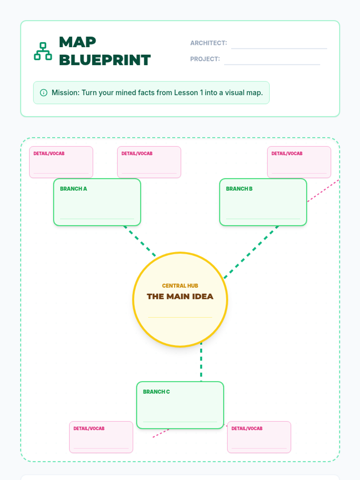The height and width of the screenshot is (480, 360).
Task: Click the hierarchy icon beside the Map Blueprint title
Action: click(43, 51)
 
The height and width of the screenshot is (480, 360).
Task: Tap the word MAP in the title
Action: click(77, 42)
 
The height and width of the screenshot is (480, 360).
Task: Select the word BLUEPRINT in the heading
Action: click(105, 60)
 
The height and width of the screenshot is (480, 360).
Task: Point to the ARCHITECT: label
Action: click(208, 43)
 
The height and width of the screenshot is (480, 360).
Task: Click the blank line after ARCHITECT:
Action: click(279, 48)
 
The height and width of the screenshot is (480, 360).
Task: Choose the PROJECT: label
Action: click(205, 59)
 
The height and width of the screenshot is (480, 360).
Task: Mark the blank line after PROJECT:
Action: click(272, 64)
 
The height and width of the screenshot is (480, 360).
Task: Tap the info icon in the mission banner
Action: click(43, 93)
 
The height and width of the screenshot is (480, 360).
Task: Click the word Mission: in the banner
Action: click(65, 93)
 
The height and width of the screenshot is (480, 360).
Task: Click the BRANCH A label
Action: click(73, 189)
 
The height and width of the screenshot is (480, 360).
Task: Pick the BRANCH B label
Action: click(239, 189)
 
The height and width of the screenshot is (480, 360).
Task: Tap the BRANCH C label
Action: click(156, 392)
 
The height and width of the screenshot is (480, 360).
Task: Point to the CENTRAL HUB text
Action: click(180, 286)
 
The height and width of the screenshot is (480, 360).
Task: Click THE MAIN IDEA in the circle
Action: click(180, 296)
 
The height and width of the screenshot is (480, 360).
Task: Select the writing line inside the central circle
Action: click(180, 317)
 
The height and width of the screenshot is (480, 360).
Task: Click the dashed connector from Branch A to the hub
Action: click(140, 241)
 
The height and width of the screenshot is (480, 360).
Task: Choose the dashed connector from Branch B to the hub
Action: click(251, 252)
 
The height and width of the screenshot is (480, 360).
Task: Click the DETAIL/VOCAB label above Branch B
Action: click(287, 154)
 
